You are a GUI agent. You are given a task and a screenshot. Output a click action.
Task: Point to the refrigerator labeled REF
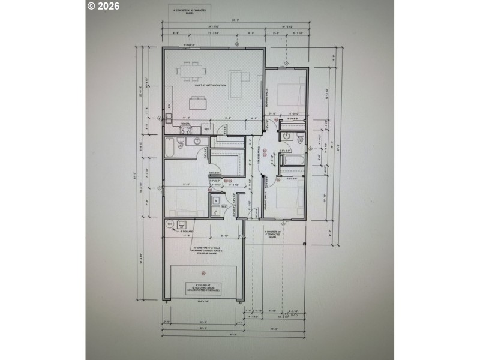(206, 128)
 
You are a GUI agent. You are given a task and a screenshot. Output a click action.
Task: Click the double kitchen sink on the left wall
(169, 116)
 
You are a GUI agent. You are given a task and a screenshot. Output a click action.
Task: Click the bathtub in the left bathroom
(169, 147)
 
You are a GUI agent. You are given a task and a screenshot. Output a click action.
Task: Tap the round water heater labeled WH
(170, 224)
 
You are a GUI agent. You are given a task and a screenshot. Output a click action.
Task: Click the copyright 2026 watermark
(103, 7)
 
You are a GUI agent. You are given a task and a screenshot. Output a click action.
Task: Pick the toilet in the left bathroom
(196, 141)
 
